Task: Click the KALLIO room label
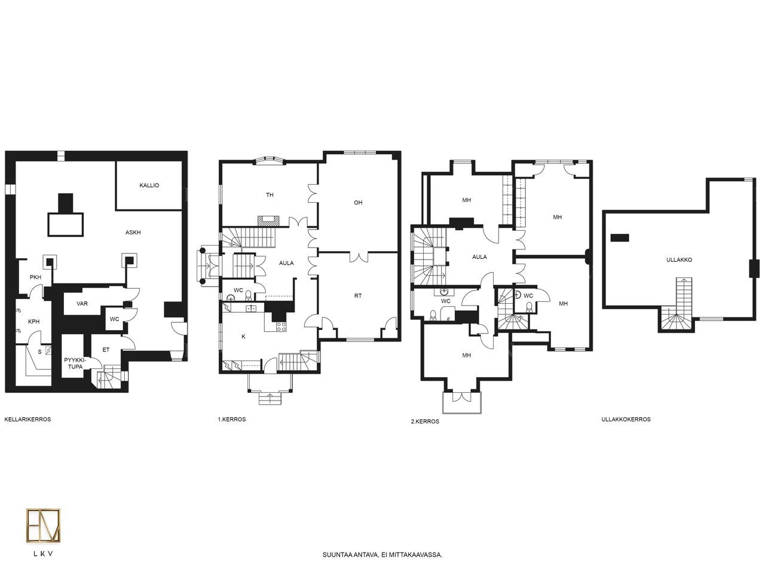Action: click(x=149, y=185)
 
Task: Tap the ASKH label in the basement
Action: click(x=133, y=233)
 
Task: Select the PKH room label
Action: click(x=35, y=277)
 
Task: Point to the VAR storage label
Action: click(x=82, y=304)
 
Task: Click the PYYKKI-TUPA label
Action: click(x=75, y=364)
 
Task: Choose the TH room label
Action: click(x=270, y=195)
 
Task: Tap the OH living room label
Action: click(x=358, y=203)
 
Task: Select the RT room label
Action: click(x=358, y=296)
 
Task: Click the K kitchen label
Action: click(x=243, y=336)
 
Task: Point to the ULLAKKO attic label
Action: click(x=679, y=259)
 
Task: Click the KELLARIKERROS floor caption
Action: click(x=27, y=419)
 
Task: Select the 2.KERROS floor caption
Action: click(x=425, y=422)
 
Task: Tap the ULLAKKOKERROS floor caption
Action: click(x=626, y=419)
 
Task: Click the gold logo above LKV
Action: click(x=43, y=526)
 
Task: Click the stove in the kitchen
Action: click(x=281, y=326)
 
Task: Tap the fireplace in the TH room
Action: click(x=268, y=221)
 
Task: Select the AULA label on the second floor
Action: click(x=479, y=257)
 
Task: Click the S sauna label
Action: click(x=39, y=352)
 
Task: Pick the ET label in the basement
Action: click(x=106, y=350)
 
